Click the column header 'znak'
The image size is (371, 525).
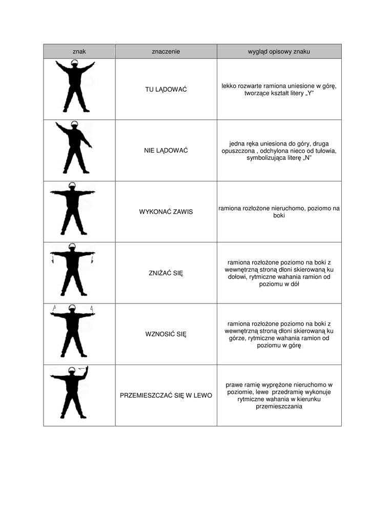(x=79, y=52)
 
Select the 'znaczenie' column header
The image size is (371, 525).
(x=166, y=52)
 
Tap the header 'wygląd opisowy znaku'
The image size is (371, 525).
(x=279, y=52)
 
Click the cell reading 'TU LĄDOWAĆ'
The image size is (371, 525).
(x=166, y=90)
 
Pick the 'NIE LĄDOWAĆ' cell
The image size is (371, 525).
(x=166, y=151)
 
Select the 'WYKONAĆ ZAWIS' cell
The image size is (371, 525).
(x=166, y=212)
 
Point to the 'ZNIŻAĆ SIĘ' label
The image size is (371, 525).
(x=166, y=273)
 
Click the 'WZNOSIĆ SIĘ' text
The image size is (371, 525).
(x=166, y=334)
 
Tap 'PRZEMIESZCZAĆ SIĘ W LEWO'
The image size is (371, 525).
(x=166, y=396)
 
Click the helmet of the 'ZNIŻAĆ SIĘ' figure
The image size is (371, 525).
(x=73, y=247)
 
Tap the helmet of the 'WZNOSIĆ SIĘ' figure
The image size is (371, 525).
(x=73, y=308)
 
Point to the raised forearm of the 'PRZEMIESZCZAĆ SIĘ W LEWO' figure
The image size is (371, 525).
(x=85, y=372)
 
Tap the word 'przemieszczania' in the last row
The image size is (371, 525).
(x=279, y=407)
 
